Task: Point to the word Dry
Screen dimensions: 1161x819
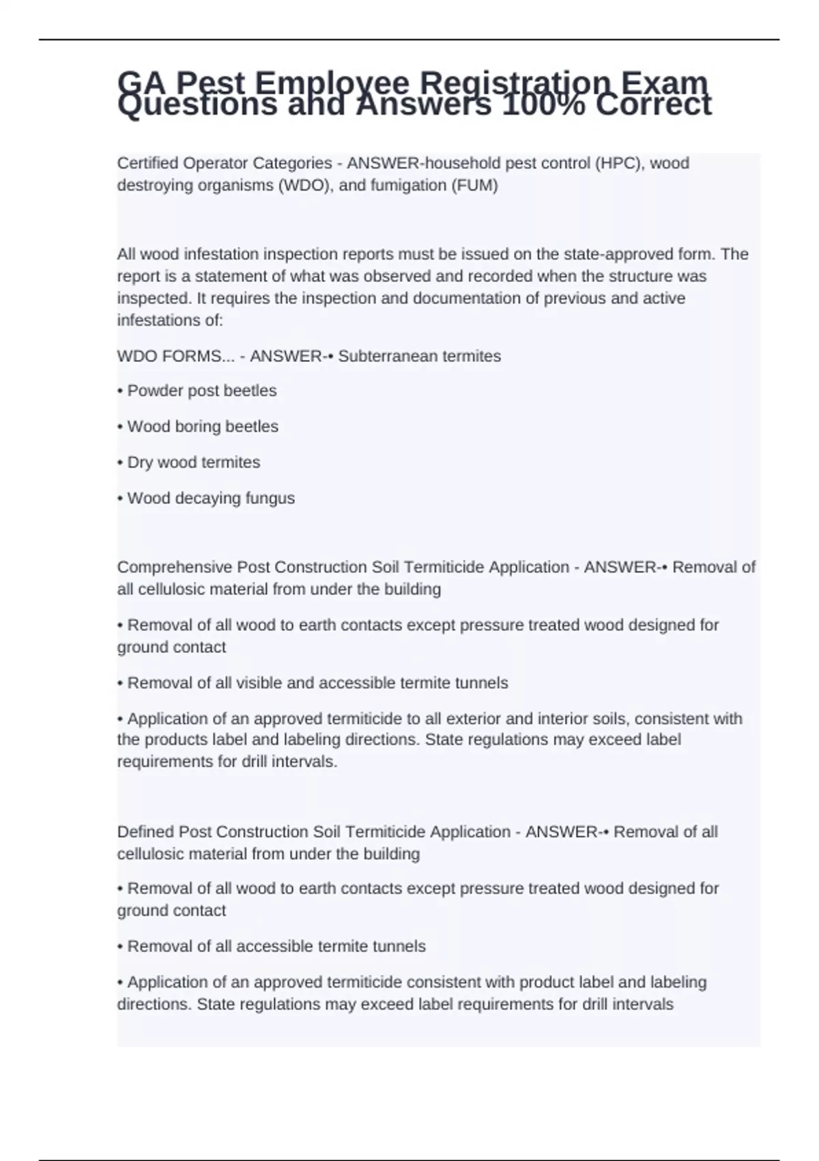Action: (x=140, y=462)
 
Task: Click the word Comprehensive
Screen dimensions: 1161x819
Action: (x=174, y=568)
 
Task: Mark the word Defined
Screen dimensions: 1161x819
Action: (x=145, y=832)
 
